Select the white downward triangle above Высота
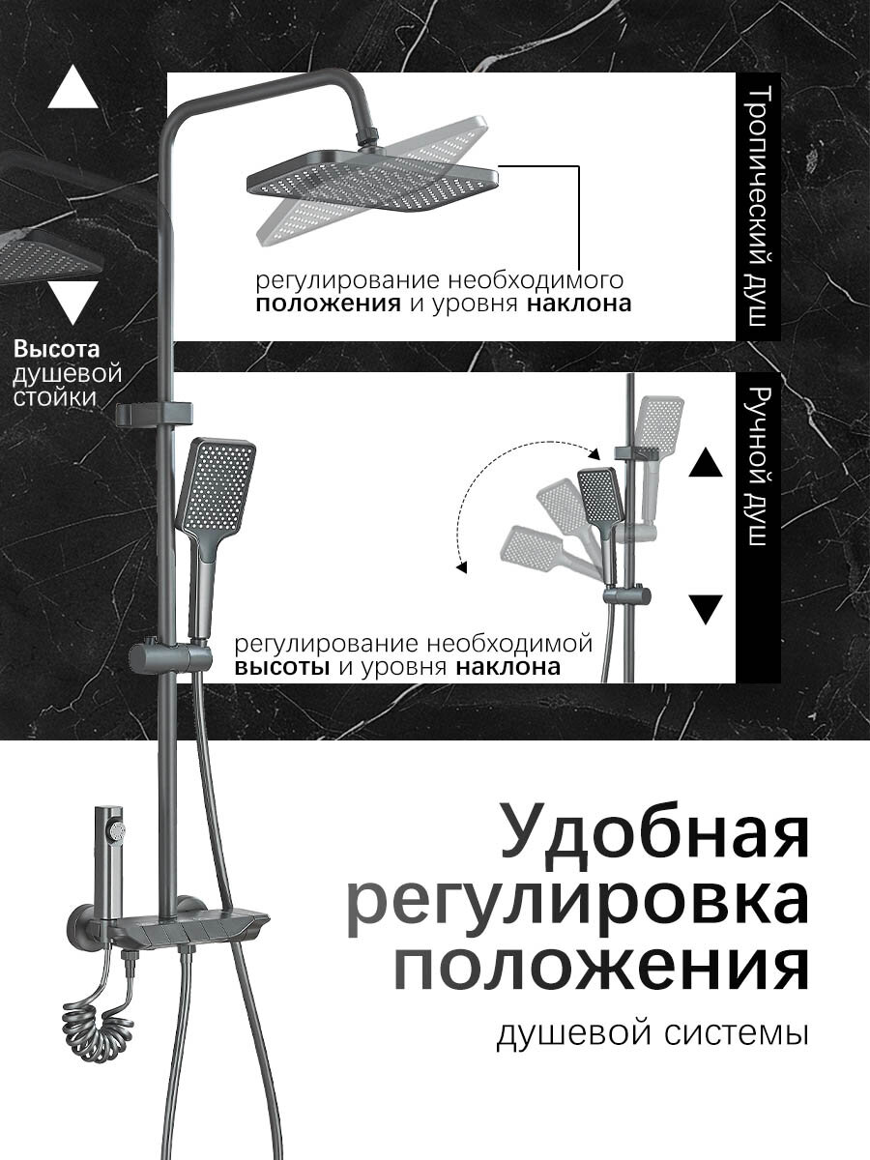[x=72, y=302]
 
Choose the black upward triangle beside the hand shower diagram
[x=707, y=465]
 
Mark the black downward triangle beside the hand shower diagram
[x=707, y=609]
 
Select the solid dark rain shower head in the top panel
[x=372, y=177]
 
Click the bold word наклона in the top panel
[x=580, y=304]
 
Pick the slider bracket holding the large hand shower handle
[x=172, y=657]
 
